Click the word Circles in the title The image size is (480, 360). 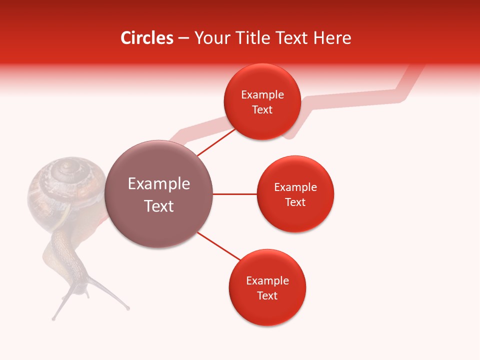146,38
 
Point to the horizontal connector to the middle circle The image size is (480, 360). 234,194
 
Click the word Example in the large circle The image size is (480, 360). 159,184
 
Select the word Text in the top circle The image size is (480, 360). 262,110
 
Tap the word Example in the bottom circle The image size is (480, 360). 267,281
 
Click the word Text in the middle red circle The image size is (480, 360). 295,202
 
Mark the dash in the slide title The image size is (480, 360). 183,38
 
